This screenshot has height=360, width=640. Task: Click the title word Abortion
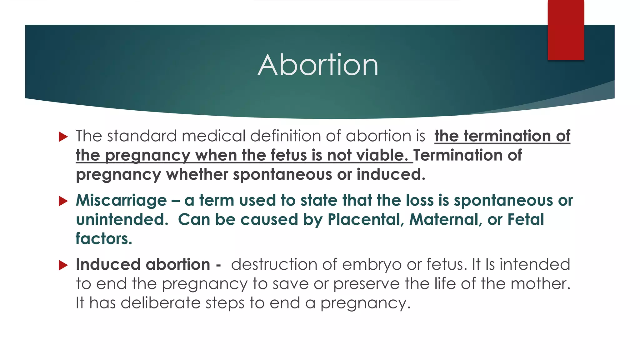(x=318, y=65)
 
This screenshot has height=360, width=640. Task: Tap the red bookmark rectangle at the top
(x=566, y=30)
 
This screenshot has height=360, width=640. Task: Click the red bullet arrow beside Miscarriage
(x=63, y=201)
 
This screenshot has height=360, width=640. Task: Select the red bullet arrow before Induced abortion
(x=63, y=265)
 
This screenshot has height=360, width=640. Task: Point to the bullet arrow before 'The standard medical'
(x=63, y=137)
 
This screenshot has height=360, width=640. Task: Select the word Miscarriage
(x=121, y=201)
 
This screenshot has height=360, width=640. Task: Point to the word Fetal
(x=526, y=220)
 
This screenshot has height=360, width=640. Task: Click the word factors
(x=104, y=239)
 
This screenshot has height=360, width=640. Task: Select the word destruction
(x=274, y=265)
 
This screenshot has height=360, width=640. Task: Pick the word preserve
(x=366, y=284)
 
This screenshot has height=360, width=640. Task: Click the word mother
(x=540, y=284)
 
